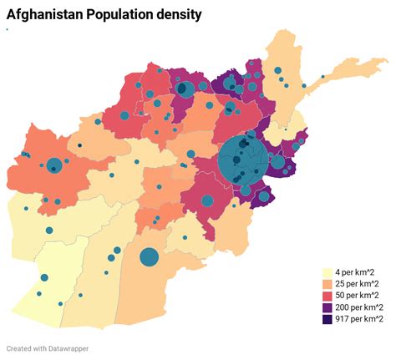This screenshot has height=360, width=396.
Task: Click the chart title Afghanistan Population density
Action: coord(104,14)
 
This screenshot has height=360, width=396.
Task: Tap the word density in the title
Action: coord(177,14)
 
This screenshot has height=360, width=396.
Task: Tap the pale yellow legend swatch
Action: coord(327,272)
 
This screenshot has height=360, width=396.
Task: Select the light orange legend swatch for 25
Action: coord(327,284)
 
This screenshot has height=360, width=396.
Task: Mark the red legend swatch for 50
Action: coord(327,296)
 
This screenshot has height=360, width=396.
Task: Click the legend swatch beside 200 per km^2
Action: coord(327,307)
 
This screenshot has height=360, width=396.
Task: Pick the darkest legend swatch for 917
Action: coord(327,319)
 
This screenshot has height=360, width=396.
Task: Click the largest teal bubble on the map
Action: coord(243,160)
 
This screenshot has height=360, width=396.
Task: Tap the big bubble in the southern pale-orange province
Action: coord(149,256)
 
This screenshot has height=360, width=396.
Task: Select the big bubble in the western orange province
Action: coord(54,165)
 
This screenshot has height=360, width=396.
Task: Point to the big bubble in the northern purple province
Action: coord(185,89)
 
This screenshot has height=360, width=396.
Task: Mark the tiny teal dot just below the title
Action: coord(7,29)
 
